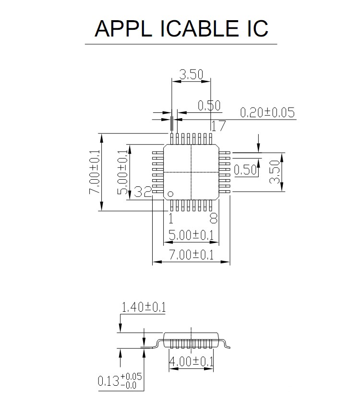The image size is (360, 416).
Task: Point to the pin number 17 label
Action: pos(218,126)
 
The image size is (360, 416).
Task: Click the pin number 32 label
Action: pos(143,192)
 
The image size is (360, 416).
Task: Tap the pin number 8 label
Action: pos(214,219)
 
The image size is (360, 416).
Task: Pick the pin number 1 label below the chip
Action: pos(170,219)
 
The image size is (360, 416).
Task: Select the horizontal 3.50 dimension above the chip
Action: pos(191,74)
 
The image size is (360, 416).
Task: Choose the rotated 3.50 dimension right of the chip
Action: pos(274,172)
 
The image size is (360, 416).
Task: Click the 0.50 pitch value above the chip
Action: pos(209,106)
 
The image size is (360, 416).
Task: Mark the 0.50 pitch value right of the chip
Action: pos(246,170)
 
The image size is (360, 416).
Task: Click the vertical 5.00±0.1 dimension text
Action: pos(123,172)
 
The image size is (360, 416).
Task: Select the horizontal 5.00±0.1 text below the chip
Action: pos(191,235)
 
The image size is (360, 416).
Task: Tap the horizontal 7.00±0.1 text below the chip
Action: pos(191,255)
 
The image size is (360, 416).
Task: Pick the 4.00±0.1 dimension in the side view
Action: pos(191,361)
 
